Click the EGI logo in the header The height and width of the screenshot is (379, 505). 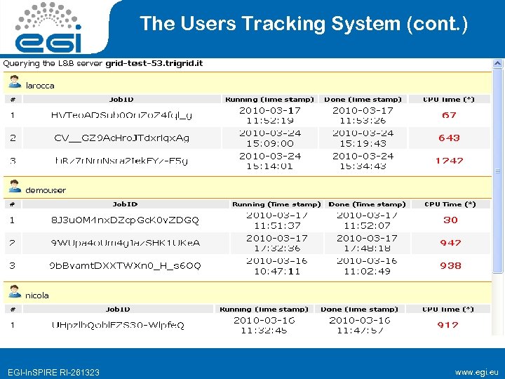click(48, 27)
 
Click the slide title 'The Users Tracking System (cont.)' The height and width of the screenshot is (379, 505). click(303, 24)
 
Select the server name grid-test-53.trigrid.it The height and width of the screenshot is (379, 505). click(154, 63)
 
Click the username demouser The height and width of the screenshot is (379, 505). click(46, 189)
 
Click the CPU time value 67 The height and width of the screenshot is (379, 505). click(449, 115)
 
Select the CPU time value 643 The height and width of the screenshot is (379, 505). click(449, 138)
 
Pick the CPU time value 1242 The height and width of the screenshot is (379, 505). click(449, 161)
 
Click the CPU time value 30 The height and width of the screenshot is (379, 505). click(450, 220)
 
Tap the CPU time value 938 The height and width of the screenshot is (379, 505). click(450, 265)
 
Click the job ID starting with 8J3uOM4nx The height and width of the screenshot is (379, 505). click(125, 220)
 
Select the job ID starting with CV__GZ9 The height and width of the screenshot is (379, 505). click(121, 138)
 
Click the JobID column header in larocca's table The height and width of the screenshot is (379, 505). click(119, 100)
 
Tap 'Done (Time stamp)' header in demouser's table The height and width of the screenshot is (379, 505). click(367, 204)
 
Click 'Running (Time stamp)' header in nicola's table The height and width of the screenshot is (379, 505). click(264, 309)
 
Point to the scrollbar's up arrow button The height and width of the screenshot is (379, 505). click(498, 64)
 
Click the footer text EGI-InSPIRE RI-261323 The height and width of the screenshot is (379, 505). click(53, 372)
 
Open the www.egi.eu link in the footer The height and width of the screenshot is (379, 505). click(476, 371)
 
